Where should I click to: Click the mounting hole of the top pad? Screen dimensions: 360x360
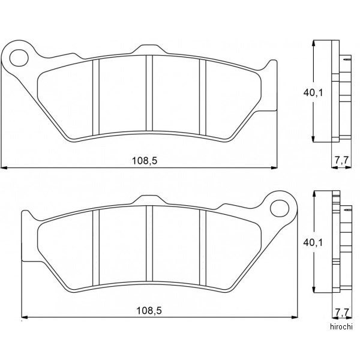click(19, 58)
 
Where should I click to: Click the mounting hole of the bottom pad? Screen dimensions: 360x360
click(280, 208)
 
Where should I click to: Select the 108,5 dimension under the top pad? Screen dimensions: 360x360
click(145, 161)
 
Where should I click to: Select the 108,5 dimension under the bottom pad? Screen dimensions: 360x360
click(149, 311)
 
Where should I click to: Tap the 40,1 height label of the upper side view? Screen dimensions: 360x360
click(313, 92)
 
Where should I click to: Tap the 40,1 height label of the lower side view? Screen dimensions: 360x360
click(313, 242)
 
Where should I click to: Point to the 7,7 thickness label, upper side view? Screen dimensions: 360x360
click(341, 160)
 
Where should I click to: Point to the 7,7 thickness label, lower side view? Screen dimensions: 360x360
click(342, 312)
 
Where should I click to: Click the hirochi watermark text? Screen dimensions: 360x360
click(341, 326)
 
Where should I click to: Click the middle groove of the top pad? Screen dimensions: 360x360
click(149, 93)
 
